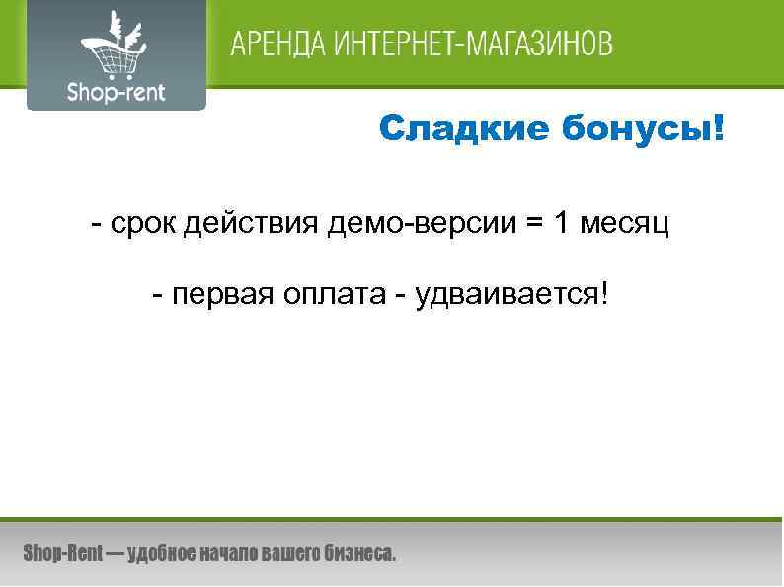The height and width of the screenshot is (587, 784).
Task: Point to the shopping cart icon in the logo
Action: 112,46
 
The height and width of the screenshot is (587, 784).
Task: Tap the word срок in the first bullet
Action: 145,224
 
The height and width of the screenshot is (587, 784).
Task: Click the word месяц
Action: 626,225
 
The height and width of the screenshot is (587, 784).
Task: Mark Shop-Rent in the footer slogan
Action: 62,553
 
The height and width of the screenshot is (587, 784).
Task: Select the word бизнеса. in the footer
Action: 360,553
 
